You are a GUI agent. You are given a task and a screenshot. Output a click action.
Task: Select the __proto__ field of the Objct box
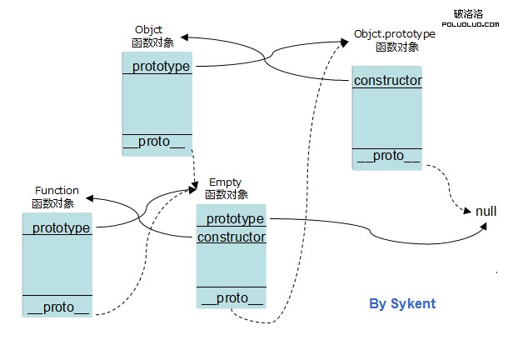pyautogui.click(x=157, y=141)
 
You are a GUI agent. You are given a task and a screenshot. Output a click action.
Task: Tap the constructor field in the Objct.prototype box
pyautogui.click(x=387, y=81)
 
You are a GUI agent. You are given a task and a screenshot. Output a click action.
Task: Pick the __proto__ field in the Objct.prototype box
pyautogui.click(x=387, y=156)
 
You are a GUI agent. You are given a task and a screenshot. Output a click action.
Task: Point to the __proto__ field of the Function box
pyautogui.click(x=57, y=307)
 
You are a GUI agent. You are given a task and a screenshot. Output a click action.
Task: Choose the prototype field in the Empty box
pyautogui.click(x=234, y=218)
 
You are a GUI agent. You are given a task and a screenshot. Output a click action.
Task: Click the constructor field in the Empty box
pyautogui.click(x=232, y=237)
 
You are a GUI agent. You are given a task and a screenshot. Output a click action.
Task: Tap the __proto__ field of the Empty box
pyautogui.click(x=231, y=298)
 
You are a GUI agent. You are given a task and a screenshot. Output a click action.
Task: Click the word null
pyautogui.click(x=486, y=211)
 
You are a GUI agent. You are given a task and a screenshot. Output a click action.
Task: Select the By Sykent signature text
pyautogui.click(x=402, y=303)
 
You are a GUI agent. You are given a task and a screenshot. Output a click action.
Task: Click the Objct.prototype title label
pyautogui.click(x=395, y=35)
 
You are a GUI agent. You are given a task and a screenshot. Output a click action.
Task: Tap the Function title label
pyautogui.click(x=57, y=191)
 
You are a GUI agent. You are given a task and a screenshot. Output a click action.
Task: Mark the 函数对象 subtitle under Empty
pyautogui.click(x=226, y=194)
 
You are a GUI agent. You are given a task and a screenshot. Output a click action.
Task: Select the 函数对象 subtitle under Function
pyautogui.click(x=53, y=203)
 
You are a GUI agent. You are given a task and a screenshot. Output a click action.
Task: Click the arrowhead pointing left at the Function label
pyautogui.click(x=87, y=198)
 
